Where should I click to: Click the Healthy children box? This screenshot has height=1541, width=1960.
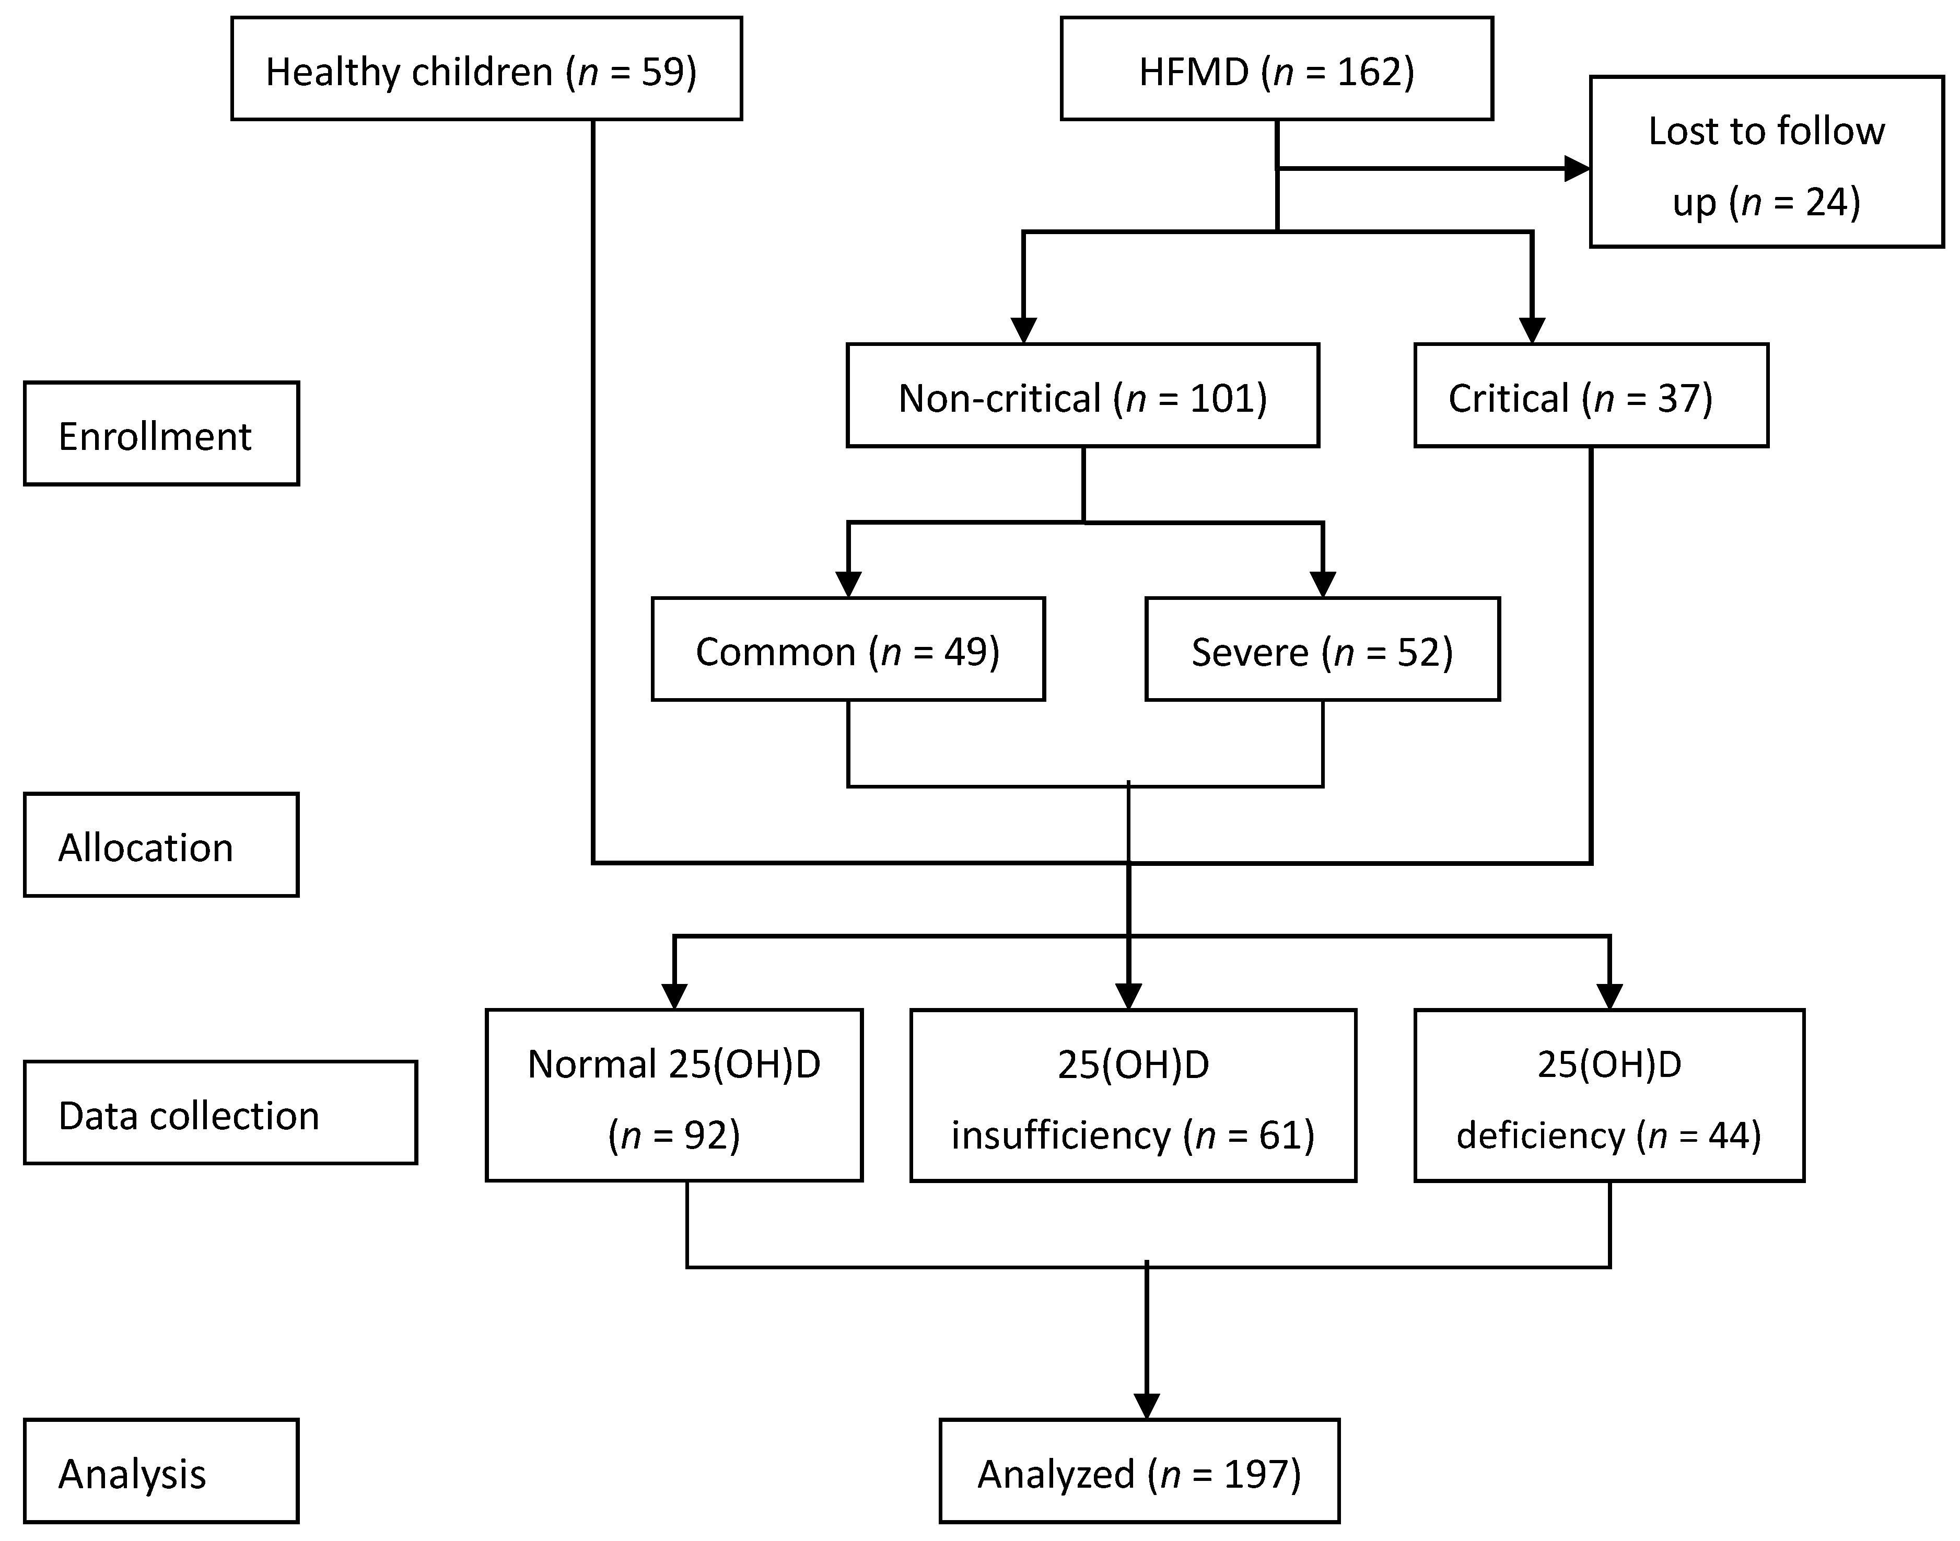(486, 68)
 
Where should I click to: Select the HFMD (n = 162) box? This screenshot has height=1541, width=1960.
(1276, 68)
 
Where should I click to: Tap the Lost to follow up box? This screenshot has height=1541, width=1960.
(1766, 163)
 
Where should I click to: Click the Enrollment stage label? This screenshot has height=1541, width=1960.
(160, 434)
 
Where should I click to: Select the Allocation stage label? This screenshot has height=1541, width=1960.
(160, 845)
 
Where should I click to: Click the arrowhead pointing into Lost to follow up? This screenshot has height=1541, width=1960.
(1577, 169)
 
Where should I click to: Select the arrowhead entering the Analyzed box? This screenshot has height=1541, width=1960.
(1147, 1406)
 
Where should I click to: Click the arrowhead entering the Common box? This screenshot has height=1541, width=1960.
(848, 585)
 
